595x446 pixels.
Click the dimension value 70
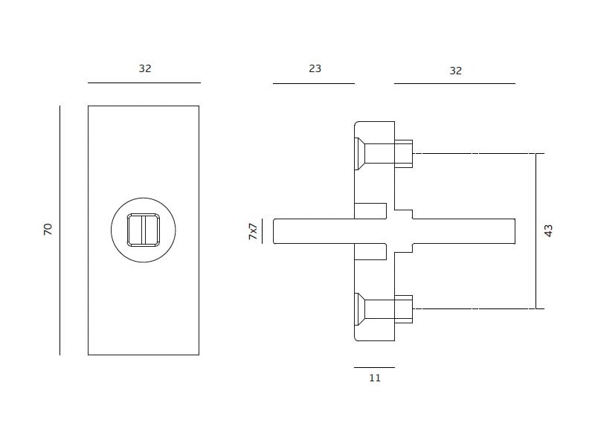pos(48,229)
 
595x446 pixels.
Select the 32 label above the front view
pos(145,68)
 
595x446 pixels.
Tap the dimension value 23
pos(315,68)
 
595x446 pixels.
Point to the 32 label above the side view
pos(456,71)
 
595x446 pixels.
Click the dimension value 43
pos(548,230)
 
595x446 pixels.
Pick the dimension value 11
pos(375,378)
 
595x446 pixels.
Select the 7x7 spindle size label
pos(253,231)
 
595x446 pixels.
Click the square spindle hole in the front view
pos(144,230)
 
